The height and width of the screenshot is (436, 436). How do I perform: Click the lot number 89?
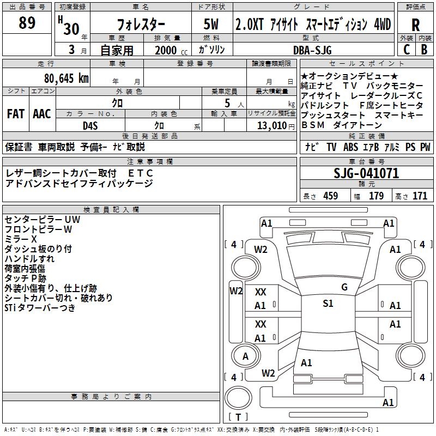(x=27, y=23)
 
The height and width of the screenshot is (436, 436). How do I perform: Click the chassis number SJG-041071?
(x=366, y=174)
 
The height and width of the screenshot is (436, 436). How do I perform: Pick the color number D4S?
(x=90, y=125)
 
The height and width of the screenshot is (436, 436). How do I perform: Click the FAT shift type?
(x=16, y=114)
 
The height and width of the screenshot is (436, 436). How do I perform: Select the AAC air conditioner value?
(x=42, y=114)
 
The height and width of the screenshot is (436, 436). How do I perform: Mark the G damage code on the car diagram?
(x=344, y=287)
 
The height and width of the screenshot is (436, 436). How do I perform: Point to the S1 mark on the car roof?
(x=328, y=304)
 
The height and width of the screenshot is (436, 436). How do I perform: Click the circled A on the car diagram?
(x=245, y=356)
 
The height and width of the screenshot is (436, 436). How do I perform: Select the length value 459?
(x=330, y=196)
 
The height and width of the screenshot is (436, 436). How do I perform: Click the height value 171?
(x=420, y=196)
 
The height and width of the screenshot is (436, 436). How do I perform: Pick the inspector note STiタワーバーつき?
(x=40, y=308)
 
